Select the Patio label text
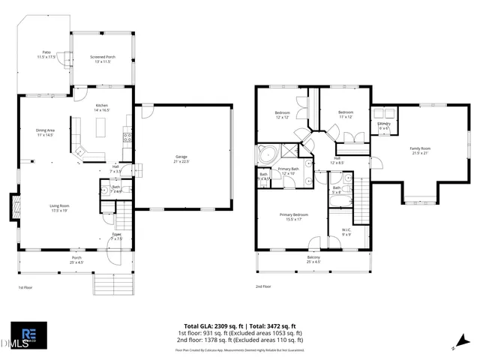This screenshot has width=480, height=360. tap(46, 52)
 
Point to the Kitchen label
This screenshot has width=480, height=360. tap(102, 106)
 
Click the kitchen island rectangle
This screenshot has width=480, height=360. tap(100, 130)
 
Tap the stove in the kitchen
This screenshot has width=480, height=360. tap(128, 137)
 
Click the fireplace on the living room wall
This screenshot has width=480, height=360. tap(13, 206)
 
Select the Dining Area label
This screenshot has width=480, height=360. tap(44, 132)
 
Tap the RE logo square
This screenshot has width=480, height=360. tap(28, 335)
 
